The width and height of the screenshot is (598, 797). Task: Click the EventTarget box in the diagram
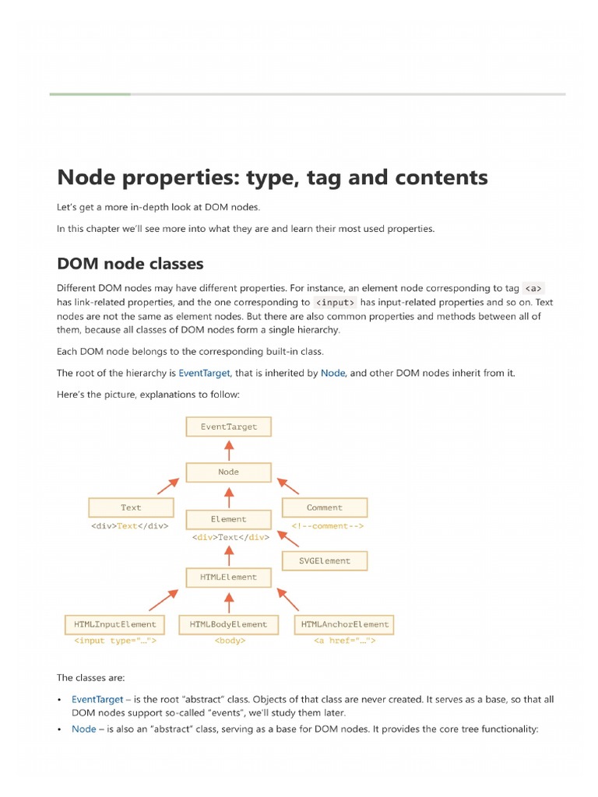(x=228, y=427)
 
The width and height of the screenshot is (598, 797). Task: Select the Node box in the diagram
(x=228, y=472)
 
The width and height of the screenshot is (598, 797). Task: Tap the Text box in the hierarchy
(x=131, y=507)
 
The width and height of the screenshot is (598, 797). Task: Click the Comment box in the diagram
(x=324, y=507)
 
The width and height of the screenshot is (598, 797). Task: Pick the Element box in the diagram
(x=228, y=519)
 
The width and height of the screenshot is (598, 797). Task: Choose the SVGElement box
(x=325, y=560)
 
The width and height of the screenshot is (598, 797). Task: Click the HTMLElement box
(x=228, y=577)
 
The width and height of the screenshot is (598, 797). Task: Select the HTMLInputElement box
(x=115, y=624)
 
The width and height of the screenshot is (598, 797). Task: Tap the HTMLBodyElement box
(x=228, y=624)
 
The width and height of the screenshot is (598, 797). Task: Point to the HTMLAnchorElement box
(x=344, y=624)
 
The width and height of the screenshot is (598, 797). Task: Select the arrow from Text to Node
(x=167, y=486)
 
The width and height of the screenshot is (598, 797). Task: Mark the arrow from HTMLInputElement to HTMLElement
(x=164, y=599)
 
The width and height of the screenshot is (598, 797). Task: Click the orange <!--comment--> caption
(x=328, y=526)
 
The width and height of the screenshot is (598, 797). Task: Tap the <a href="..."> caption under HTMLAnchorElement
(x=344, y=641)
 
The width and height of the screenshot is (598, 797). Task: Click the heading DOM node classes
(x=130, y=263)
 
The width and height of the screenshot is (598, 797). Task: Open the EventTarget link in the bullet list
(x=97, y=700)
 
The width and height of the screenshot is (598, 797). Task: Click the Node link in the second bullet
(x=83, y=729)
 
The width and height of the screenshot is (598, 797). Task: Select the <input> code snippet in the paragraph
(x=336, y=302)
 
